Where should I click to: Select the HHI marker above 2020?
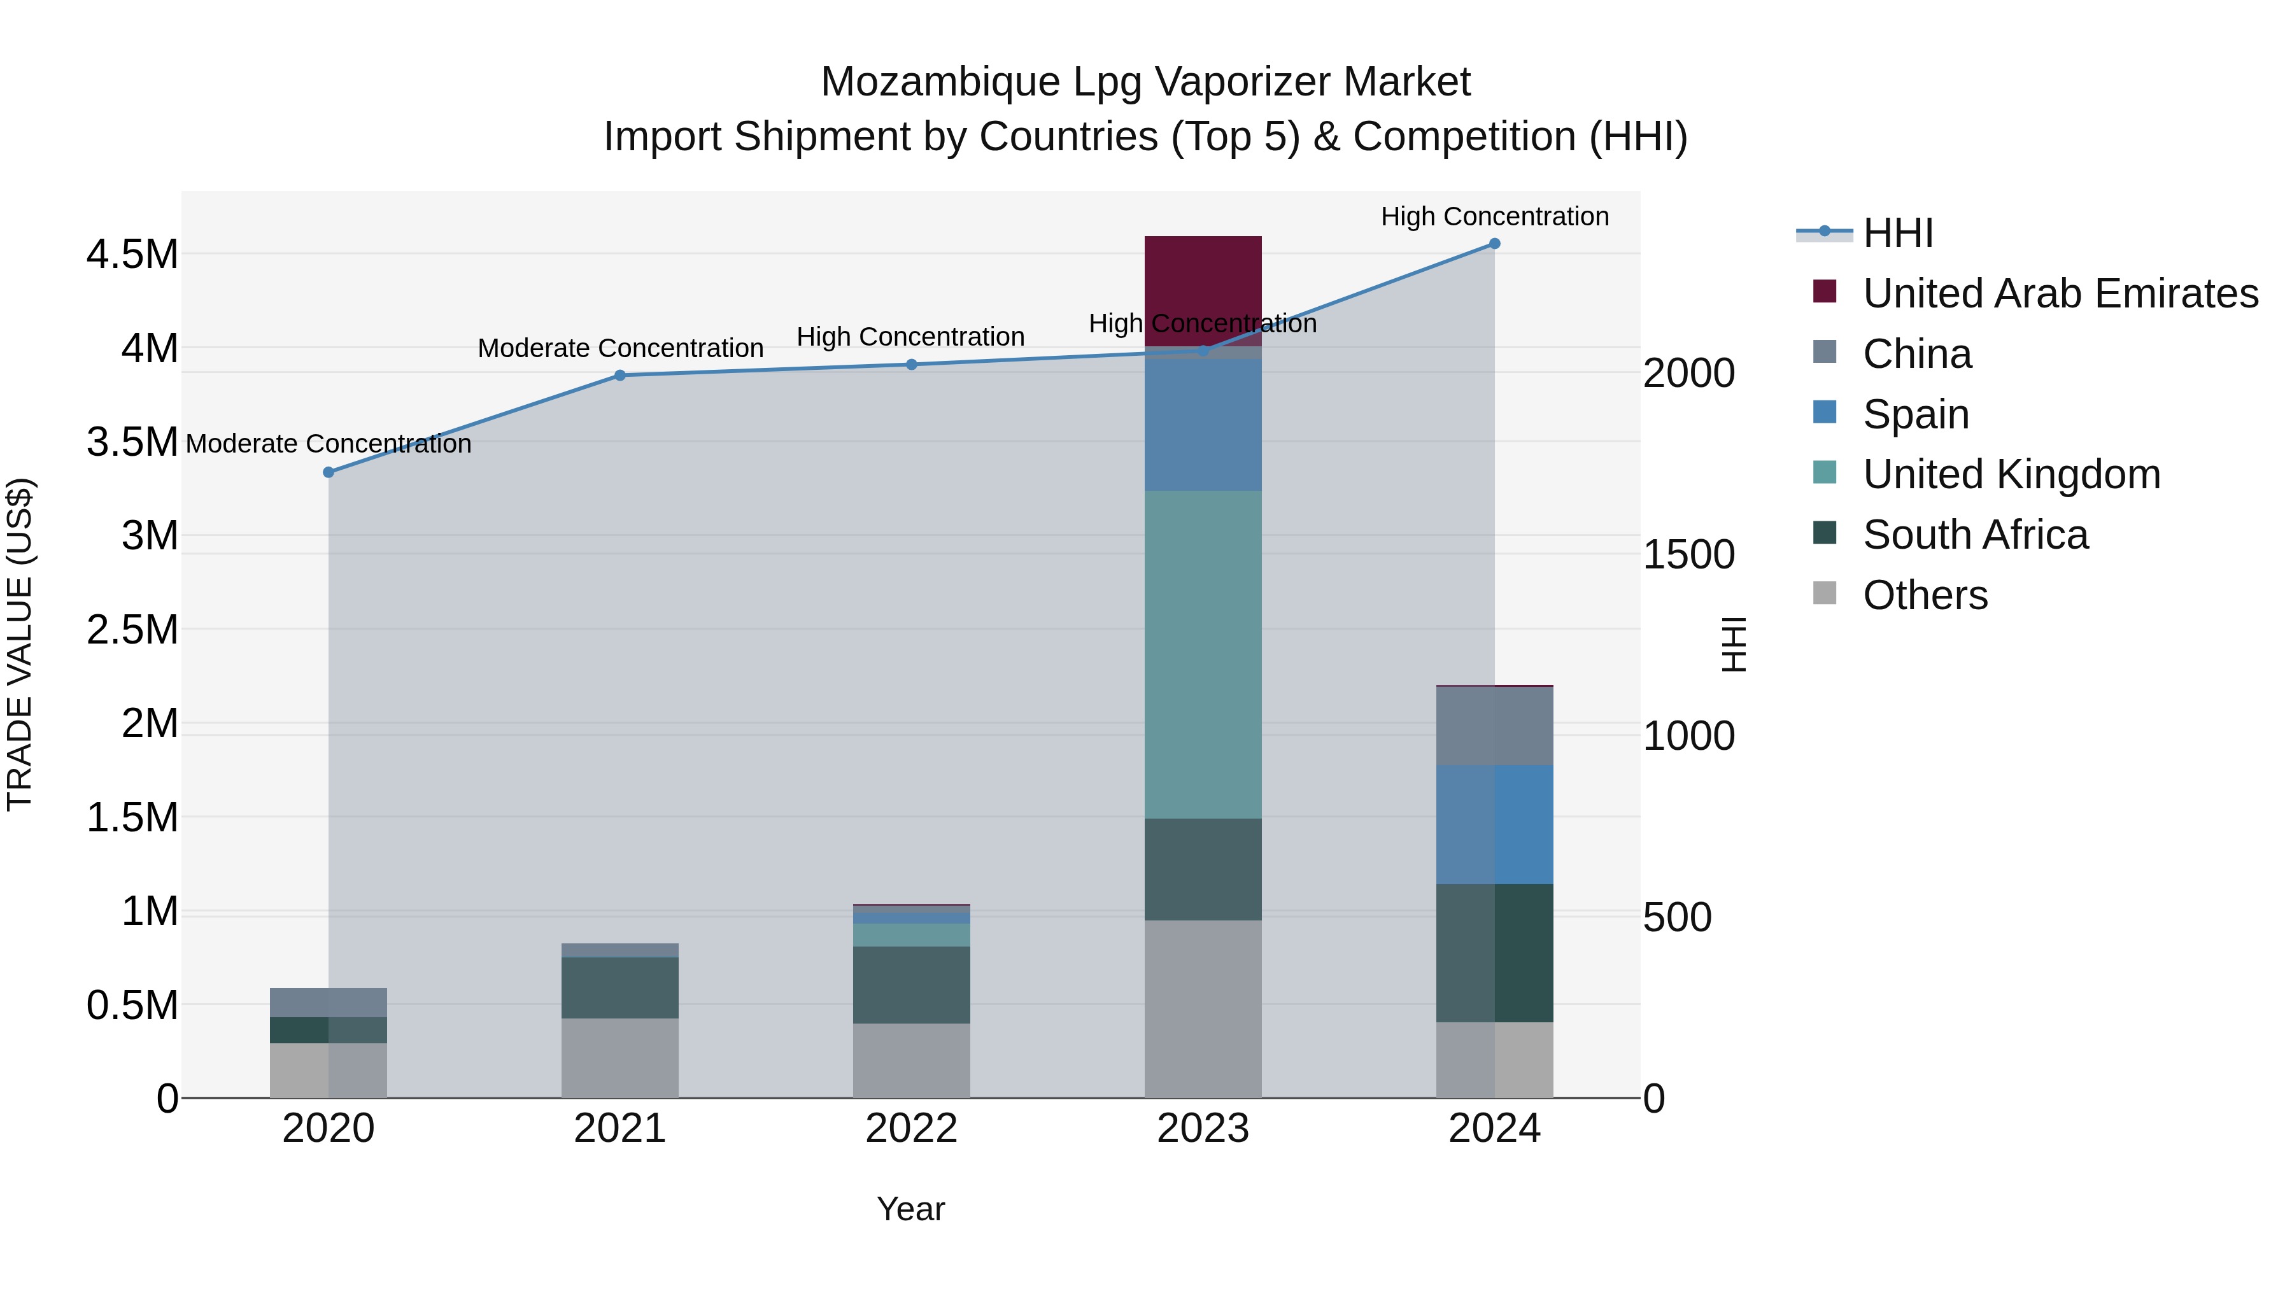pos(329,472)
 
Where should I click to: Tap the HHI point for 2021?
pos(620,376)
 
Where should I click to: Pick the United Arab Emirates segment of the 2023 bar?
pos(1202,290)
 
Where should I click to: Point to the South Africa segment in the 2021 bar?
pos(620,987)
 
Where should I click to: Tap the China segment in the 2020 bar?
pos(329,1003)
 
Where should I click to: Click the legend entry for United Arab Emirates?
pos(2060,293)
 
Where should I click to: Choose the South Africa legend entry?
pos(1975,535)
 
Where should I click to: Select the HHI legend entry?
pos(1897,233)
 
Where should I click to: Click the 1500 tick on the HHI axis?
pos(1688,555)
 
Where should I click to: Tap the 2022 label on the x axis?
pos(911,1129)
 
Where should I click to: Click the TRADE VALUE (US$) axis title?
pos(20,644)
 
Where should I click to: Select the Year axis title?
pos(910,1209)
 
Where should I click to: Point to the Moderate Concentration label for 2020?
pos(329,443)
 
